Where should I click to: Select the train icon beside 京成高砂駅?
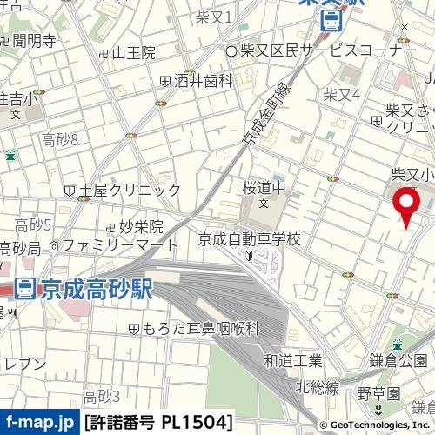click(26, 288)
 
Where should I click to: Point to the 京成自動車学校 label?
click(250, 238)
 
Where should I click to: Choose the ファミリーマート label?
click(108, 246)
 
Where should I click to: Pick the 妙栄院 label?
click(141, 227)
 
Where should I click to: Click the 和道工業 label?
click(293, 360)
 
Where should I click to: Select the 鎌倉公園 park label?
click(398, 360)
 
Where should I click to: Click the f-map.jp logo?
click(38, 424)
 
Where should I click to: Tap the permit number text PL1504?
click(158, 424)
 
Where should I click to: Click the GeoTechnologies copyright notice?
click(375, 425)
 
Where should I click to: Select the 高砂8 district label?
click(60, 139)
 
